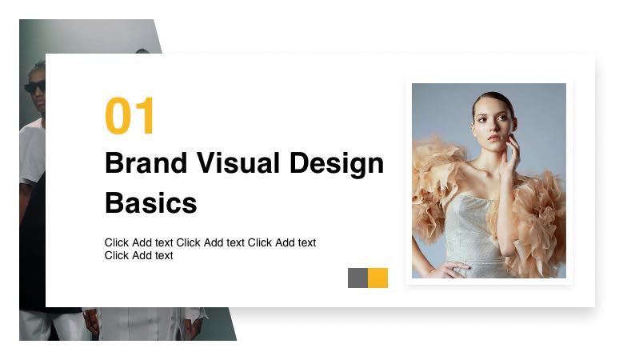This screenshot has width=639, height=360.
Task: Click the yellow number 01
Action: pyautogui.click(x=130, y=117)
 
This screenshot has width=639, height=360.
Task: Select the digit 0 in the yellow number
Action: pyautogui.click(x=118, y=117)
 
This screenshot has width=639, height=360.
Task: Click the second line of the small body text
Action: pyautogui.click(x=138, y=256)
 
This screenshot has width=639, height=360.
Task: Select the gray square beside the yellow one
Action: pyautogui.click(x=357, y=278)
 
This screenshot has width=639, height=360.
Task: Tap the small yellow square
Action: pyautogui.click(x=377, y=278)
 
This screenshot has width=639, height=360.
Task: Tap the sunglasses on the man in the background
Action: pyautogui.click(x=35, y=86)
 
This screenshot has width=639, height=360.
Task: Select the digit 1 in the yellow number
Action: pyautogui.click(x=144, y=117)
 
